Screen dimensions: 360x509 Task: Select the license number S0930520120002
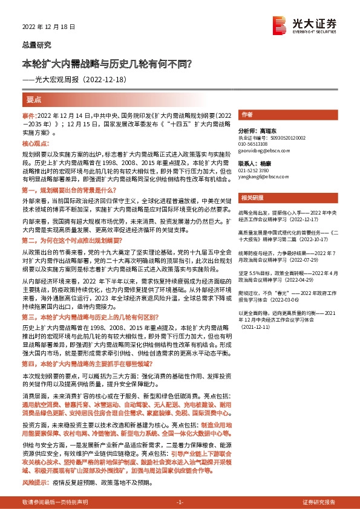click(286, 138)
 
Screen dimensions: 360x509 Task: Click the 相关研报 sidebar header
click(250, 198)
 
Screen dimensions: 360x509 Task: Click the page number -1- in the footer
click(180, 502)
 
